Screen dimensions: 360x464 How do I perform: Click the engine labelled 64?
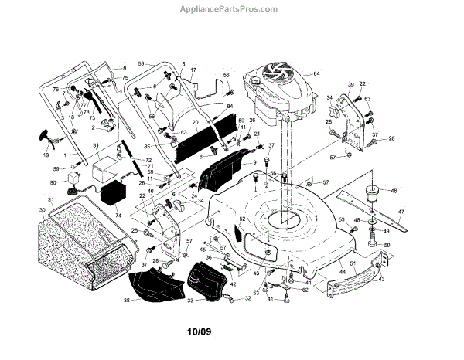[278, 97]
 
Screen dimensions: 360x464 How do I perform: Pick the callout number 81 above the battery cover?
[96, 147]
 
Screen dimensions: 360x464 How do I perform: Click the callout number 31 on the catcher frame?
[50, 200]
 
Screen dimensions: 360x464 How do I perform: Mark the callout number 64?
[316, 73]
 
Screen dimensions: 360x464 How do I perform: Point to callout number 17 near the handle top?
[193, 70]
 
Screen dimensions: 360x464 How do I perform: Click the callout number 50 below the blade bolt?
[388, 245]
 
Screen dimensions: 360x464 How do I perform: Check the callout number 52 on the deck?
[242, 219]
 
